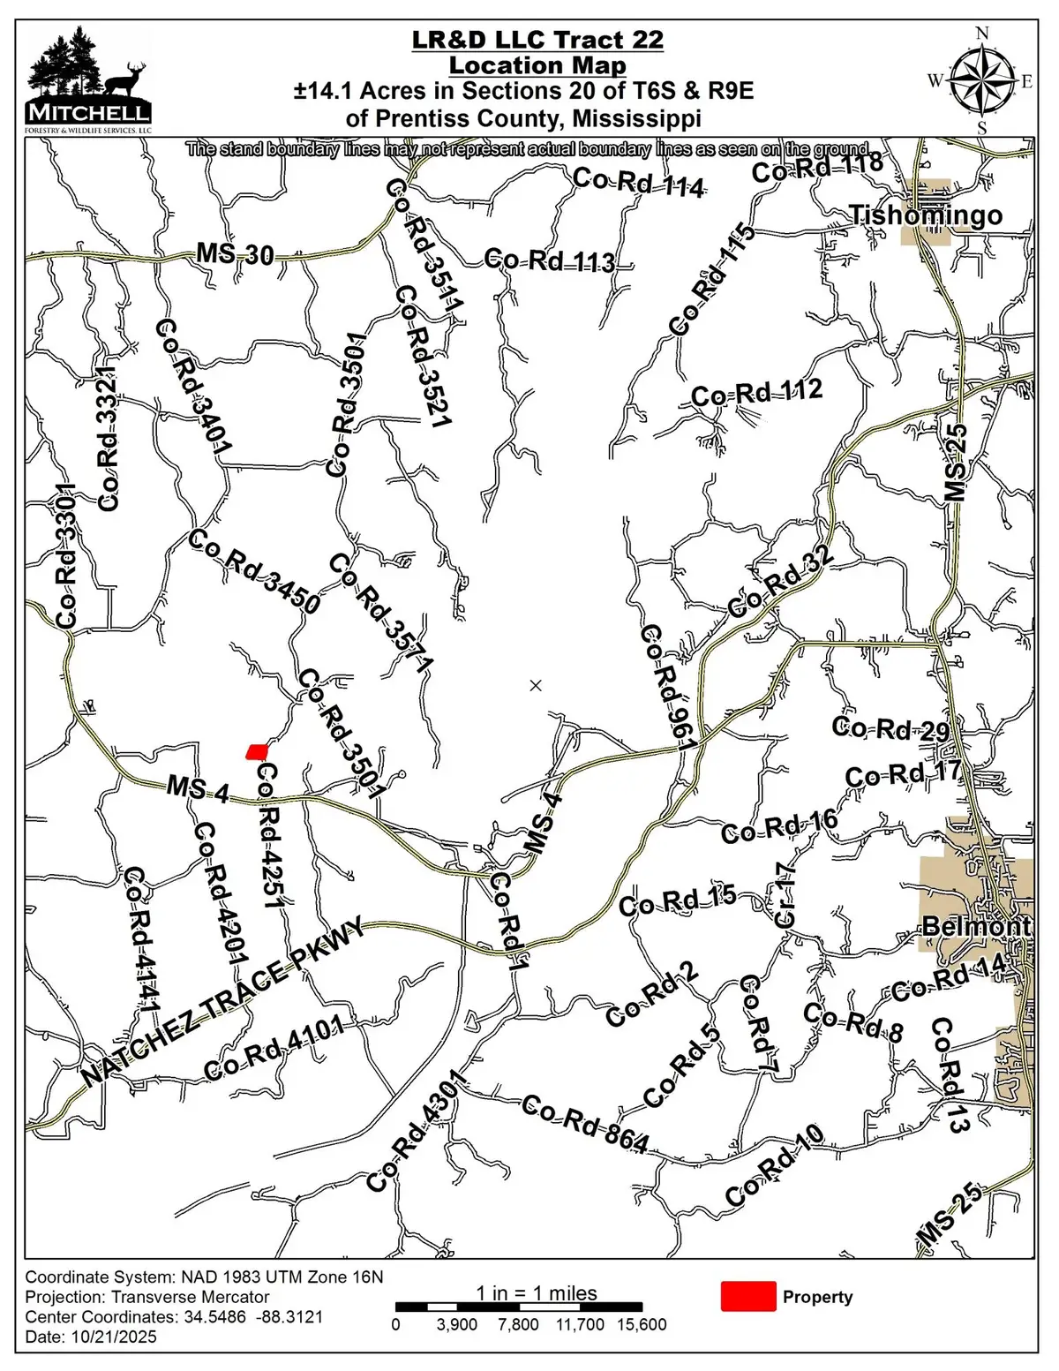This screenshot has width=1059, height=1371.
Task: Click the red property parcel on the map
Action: (x=256, y=751)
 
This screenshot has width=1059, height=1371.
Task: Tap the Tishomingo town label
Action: (x=926, y=215)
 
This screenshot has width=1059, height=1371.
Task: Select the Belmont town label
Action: (x=976, y=926)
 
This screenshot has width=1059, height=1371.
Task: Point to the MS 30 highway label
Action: (x=235, y=254)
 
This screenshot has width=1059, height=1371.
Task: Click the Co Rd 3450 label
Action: (x=254, y=572)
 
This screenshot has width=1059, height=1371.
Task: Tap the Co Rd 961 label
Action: (x=668, y=687)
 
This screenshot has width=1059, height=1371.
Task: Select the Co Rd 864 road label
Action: (x=585, y=1124)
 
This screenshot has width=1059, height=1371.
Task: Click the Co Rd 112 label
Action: (x=756, y=393)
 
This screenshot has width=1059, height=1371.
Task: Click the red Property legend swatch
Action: (x=748, y=1296)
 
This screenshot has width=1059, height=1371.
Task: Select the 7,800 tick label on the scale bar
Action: (x=518, y=1324)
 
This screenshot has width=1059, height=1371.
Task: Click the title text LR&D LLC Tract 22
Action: (x=537, y=40)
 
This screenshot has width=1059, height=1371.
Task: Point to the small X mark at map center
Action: (x=535, y=685)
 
